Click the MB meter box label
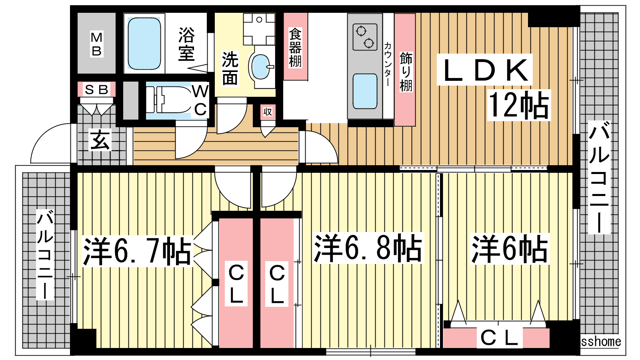96,44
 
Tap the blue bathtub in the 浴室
144,44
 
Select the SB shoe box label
96,90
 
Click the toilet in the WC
168,100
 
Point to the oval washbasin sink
260,67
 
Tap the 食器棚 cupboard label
295,47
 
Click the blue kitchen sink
365,91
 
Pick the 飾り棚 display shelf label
406,72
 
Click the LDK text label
485,70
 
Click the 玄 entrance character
100,140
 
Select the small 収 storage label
268,112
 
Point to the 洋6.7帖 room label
137,251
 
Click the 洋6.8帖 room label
368,248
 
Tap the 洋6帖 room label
510,248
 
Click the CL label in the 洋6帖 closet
499,338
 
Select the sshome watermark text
601,342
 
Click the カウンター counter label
388,64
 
